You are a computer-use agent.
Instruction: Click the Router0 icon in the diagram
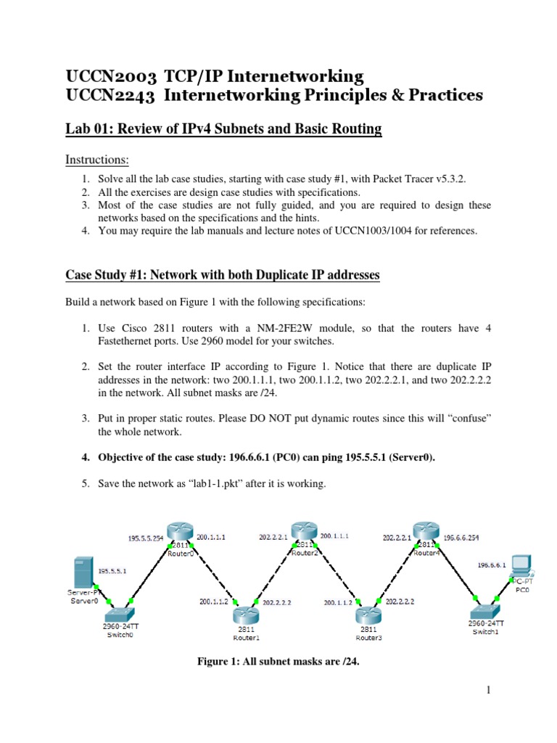click(x=178, y=533)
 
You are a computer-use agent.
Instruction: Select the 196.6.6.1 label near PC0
click(x=491, y=563)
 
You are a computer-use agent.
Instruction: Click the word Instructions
click(x=97, y=159)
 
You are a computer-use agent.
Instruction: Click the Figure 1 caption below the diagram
click(x=278, y=661)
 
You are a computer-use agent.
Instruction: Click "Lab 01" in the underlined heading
click(x=88, y=129)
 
